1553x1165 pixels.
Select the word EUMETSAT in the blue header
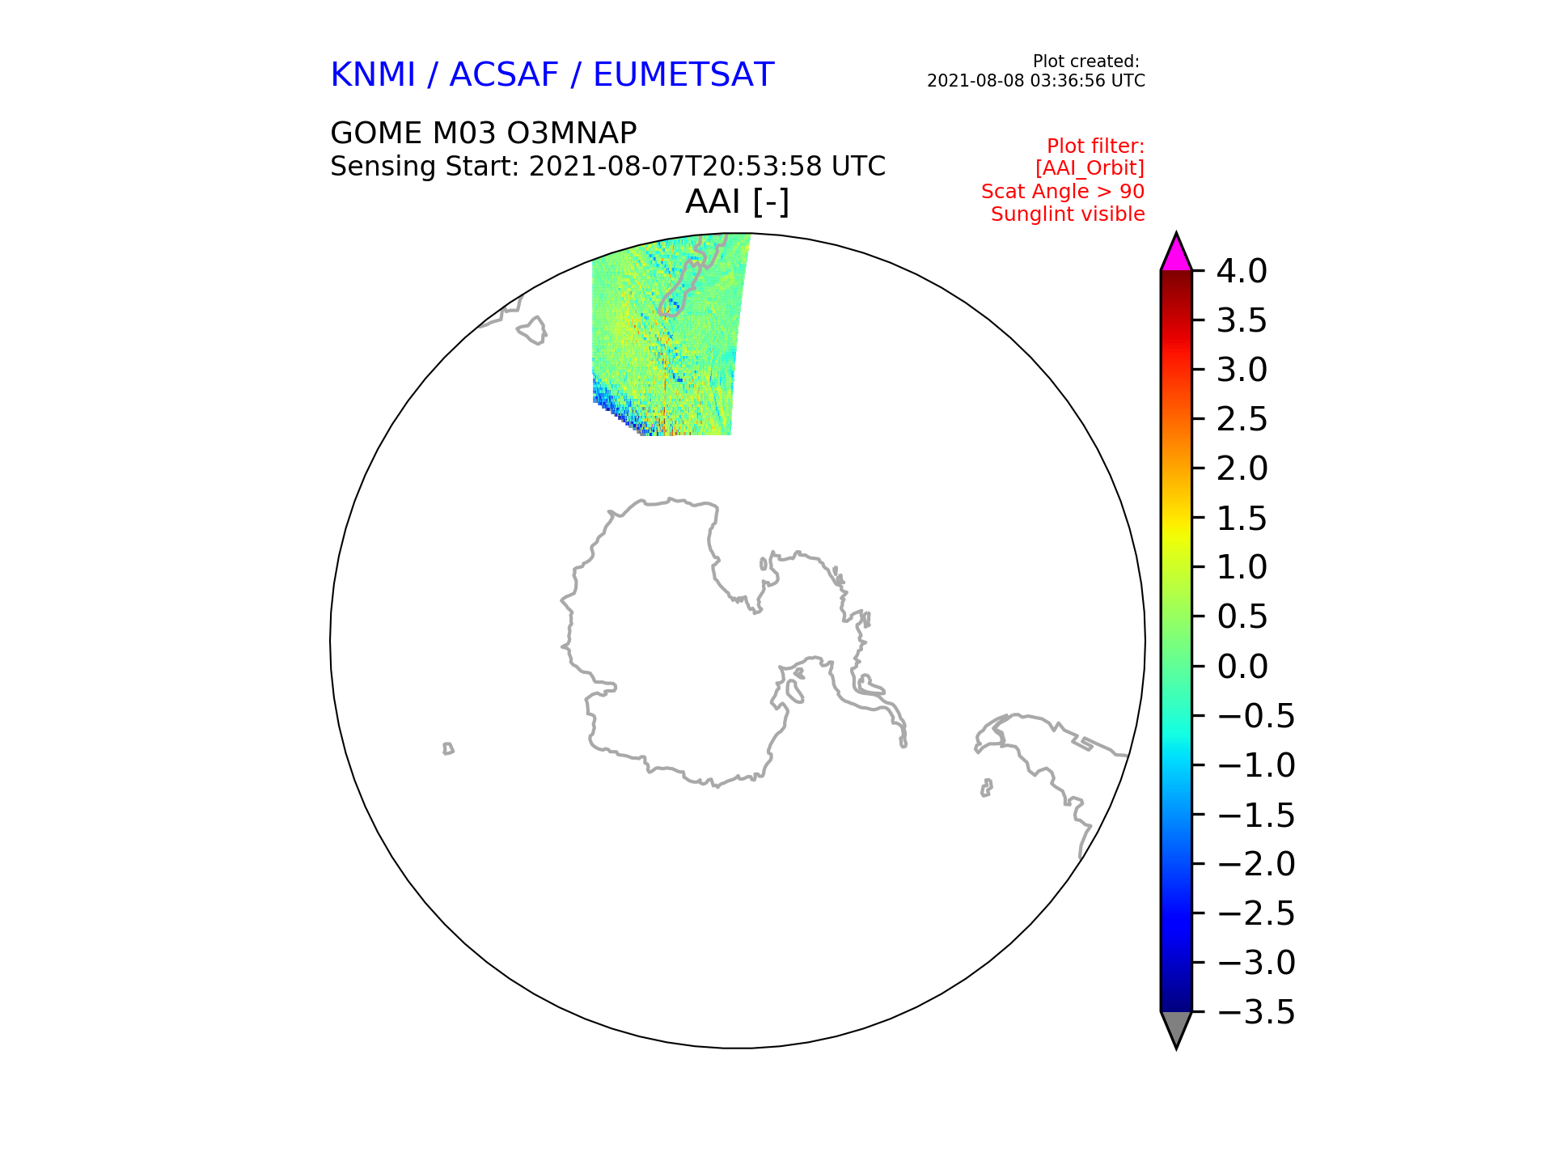point(683,75)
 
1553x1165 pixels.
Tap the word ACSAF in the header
point(504,75)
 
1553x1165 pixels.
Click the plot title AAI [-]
point(737,201)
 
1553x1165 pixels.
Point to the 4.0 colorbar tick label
point(1242,272)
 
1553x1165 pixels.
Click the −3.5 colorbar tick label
point(1256,1012)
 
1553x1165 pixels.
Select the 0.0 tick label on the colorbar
point(1242,667)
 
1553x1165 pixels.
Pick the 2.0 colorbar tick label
point(1242,469)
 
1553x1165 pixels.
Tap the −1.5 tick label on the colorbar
point(1256,815)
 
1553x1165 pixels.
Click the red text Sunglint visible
point(1068,214)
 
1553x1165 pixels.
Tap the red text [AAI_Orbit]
point(1090,168)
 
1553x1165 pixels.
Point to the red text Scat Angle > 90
point(1063,192)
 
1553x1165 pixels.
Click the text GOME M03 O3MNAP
point(484,133)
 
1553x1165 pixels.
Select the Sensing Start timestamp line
point(608,167)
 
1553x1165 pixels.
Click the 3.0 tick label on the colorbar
point(1242,371)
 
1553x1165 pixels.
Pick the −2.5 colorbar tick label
point(1256,913)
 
